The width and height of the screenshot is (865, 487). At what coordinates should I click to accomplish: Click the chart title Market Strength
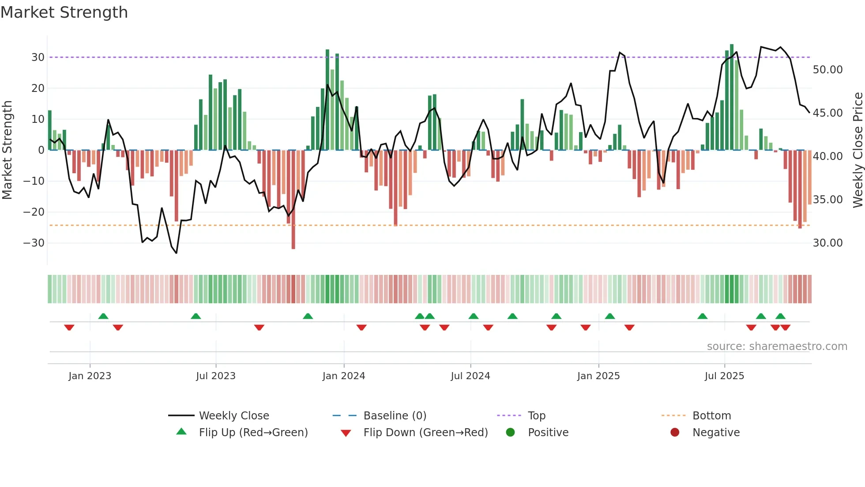64,12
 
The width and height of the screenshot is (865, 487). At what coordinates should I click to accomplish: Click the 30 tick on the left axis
38,57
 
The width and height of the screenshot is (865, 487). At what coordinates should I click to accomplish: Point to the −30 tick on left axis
34,243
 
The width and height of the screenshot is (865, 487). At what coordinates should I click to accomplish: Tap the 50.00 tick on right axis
827,70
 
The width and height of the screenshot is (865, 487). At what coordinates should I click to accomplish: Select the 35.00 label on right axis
827,200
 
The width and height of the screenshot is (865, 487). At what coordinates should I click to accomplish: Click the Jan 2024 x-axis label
344,376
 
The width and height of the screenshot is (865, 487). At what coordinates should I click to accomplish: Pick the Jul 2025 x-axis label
724,376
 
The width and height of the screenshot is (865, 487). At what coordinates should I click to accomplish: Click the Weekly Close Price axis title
857,150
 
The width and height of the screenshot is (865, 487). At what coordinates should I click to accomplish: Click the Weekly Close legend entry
233,416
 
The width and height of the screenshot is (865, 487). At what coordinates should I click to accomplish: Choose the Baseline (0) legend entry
395,416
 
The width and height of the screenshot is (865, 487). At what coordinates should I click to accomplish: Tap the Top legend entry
536,416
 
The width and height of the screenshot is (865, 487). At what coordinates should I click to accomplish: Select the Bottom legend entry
711,416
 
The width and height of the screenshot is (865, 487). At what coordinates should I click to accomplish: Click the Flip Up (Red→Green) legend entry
253,433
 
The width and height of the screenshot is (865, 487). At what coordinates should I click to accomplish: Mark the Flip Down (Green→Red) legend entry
425,433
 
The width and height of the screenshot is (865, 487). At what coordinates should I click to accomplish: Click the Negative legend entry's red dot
675,433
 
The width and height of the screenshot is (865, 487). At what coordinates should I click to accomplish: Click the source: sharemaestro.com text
777,346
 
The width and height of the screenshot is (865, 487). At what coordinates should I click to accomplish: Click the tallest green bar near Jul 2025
732,97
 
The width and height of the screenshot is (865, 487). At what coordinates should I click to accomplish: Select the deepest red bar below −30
293,199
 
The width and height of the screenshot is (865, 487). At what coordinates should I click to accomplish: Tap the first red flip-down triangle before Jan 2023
69,327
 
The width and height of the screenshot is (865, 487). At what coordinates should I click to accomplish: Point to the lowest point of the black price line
177,253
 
